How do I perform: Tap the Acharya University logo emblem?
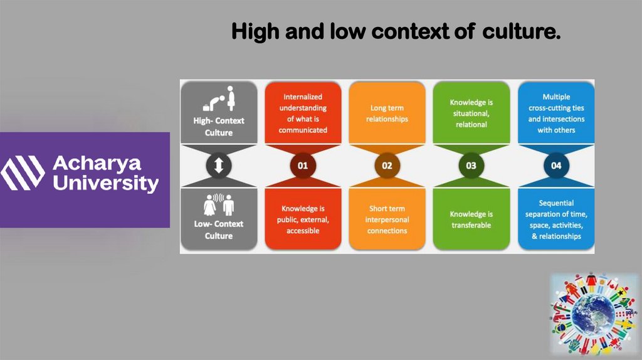coord(23,173)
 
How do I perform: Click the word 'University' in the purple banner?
coord(105,184)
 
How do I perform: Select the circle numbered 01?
coord(303,166)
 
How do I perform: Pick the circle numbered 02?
coord(387,166)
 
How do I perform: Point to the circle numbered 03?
coord(471,166)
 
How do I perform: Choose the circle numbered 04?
coord(556,166)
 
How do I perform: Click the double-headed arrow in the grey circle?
coord(219,166)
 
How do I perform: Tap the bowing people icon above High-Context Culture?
coord(219,98)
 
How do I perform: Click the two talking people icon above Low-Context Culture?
coord(219,205)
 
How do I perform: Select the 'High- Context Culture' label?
coord(219,126)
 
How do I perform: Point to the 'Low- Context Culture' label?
coord(219,230)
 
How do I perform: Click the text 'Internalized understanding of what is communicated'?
coord(303,114)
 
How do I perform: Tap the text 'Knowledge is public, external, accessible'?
coord(303,220)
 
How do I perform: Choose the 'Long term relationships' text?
coord(387,114)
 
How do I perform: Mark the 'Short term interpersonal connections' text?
coord(387,220)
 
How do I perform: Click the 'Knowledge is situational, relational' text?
coord(471,114)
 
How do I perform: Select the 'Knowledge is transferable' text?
coord(471,220)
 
